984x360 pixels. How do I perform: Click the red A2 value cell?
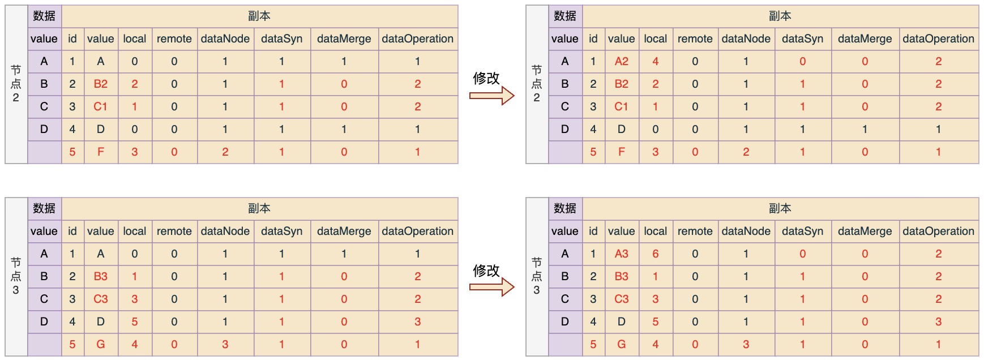(x=621, y=62)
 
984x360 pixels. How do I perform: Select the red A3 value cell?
(x=621, y=254)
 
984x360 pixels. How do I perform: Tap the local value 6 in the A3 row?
(x=655, y=254)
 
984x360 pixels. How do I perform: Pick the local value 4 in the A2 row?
(x=655, y=62)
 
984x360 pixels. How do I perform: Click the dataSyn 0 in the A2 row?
(x=802, y=62)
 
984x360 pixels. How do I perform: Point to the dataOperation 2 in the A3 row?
(x=938, y=254)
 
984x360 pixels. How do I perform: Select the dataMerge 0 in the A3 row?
(x=865, y=254)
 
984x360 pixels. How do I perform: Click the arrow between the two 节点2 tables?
(x=491, y=96)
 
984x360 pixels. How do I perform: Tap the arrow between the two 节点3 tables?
(x=491, y=288)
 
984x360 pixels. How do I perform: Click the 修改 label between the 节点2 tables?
(x=486, y=78)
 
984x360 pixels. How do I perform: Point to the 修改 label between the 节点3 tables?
(x=486, y=271)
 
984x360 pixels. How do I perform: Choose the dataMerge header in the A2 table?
(x=865, y=39)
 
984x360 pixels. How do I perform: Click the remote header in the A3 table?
(x=695, y=232)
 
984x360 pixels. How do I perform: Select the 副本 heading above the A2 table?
(x=780, y=16)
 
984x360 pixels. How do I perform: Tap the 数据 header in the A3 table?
(x=564, y=209)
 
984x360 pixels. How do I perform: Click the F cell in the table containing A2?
(x=621, y=152)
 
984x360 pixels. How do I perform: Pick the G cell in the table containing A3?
(x=621, y=345)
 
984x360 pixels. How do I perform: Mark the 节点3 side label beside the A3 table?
(x=536, y=276)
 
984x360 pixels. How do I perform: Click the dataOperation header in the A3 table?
(x=938, y=232)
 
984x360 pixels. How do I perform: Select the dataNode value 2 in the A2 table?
(x=746, y=152)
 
